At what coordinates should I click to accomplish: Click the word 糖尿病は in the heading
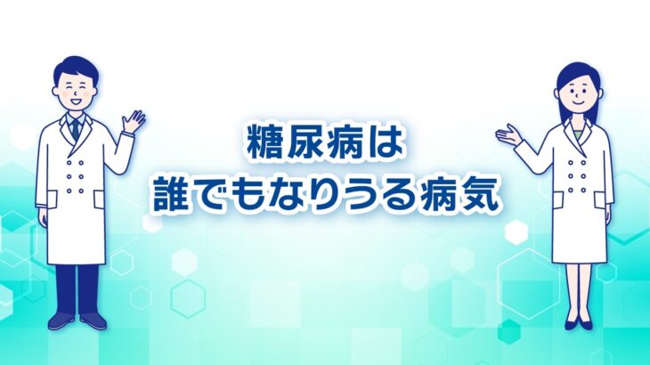324,144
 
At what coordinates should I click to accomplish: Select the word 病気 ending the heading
459,193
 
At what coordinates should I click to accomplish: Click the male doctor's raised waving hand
134,120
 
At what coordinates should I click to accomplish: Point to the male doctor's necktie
76,128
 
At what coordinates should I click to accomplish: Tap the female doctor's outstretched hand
510,134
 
